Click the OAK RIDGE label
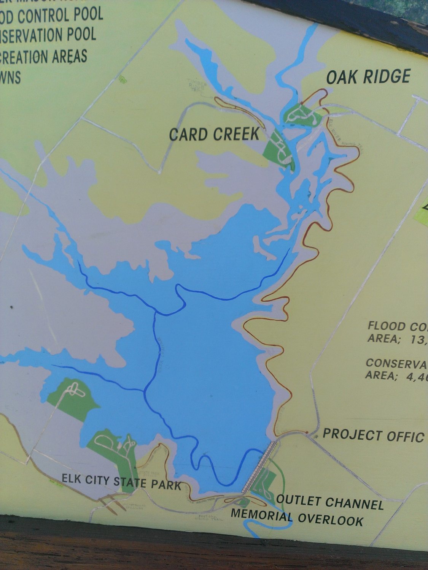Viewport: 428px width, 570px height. pyautogui.click(x=368, y=76)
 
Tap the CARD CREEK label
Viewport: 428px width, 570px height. pyautogui.click(x=214, y=134)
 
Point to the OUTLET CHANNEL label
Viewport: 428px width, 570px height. pyautogui.click(x=329, y=502)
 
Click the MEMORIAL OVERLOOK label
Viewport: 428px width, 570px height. pyautogui.click(x=297, y=517)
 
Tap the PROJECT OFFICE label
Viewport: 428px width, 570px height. pyautogui.click(x=373, y=435)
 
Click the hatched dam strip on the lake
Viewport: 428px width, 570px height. pyautogui.click(x=259, y=467)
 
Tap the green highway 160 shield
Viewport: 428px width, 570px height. pyautogui.click(x=123, y=79)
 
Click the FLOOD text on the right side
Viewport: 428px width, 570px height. pyautogui.click(x=387, y=326)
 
